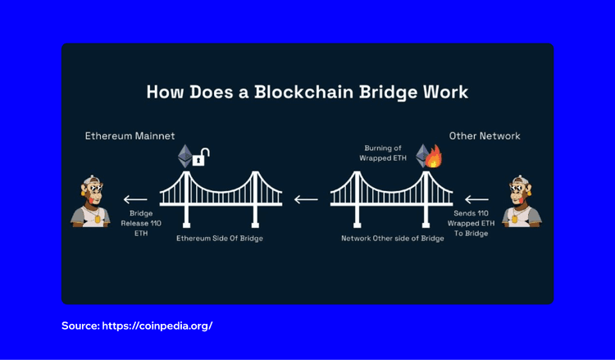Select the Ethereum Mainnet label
[130, 135]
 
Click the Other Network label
[485, 135]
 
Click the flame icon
[433, 157]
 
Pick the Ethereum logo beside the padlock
[184, 156]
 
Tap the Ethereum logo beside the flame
[421, 156]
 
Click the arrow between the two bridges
[307, 198]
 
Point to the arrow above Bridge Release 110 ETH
[135, 198]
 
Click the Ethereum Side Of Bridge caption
[221, 238]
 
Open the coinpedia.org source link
[157, 326]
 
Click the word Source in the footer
[80, 326]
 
